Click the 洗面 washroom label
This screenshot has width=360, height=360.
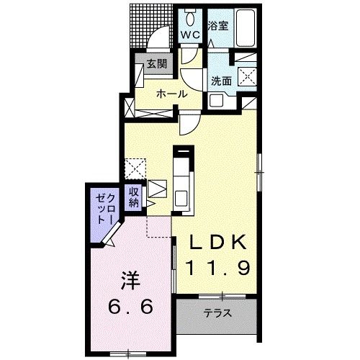[x=221, y=81]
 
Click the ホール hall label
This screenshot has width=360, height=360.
[x=171, y=94]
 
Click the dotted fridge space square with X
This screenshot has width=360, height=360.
[x=134, y=166]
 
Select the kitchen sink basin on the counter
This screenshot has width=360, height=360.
[x=181, y=197]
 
